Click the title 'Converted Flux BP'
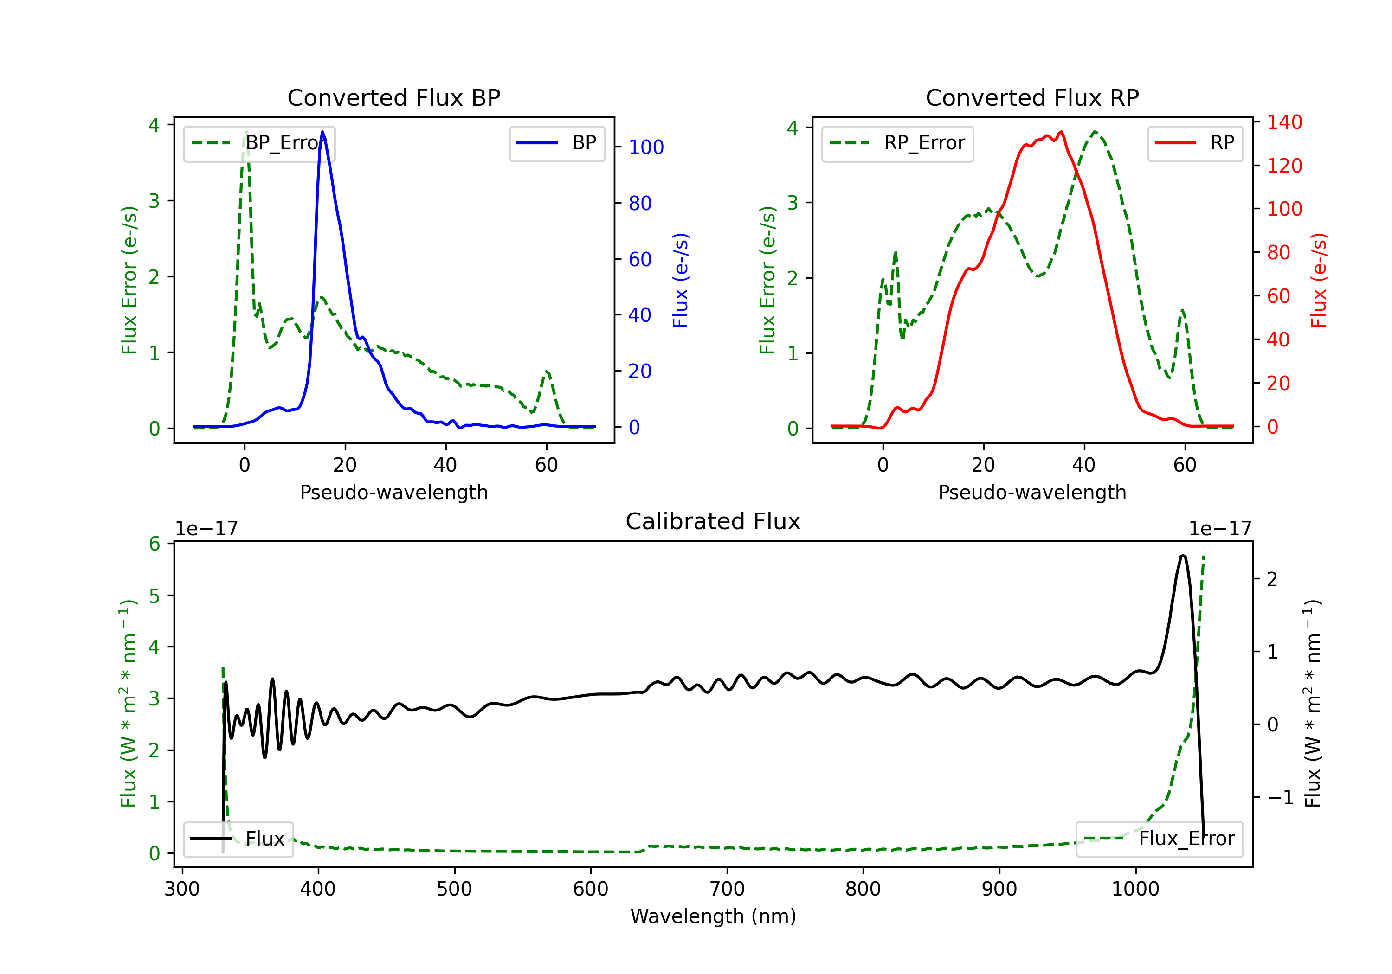(393, 97)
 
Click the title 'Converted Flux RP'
(1032, 97)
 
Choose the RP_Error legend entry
(897, 143)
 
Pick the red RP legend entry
(1195, 143)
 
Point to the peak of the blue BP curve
(322, 132)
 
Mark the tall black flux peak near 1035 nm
(1183, 556)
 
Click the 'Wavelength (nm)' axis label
(713, 916)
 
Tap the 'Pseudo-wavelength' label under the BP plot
(393, 492)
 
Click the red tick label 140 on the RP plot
(1284, 122)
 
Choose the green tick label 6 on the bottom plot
(155, 544)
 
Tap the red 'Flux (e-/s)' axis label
(1319, 280)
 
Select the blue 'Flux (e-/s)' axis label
(680, 280)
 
